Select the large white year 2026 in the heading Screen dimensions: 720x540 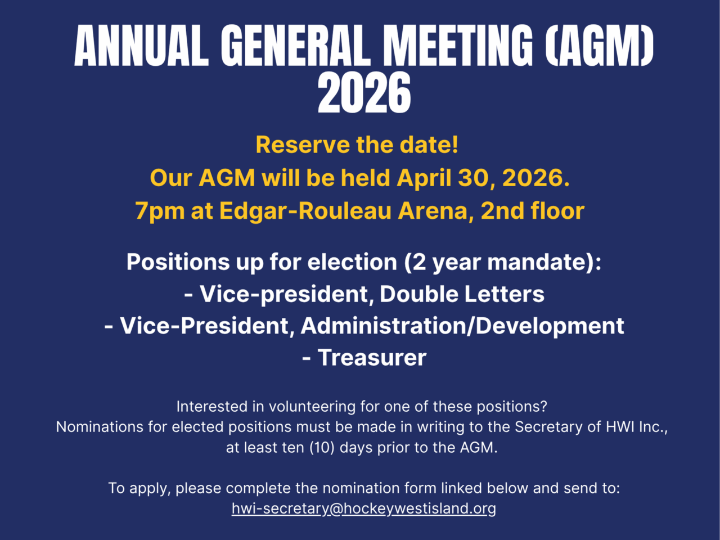click(x=364, y=93)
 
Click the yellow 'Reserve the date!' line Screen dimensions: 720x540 click(x=357, y=145)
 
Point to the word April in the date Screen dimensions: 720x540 click(x=424, y=178)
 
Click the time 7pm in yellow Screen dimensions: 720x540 click(x=160, y=211)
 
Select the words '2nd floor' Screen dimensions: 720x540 click(x=533, y=210)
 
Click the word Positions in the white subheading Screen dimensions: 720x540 click(x=178, y=262)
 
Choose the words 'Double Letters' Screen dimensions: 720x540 click(x=462, y=294)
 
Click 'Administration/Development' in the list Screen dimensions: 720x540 click(x=462, y=326)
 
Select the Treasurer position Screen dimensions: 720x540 click(x=372, y=357)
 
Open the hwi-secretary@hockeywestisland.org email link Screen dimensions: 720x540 click(x=364, y=508)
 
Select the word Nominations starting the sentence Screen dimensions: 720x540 click(x=100, y=427)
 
